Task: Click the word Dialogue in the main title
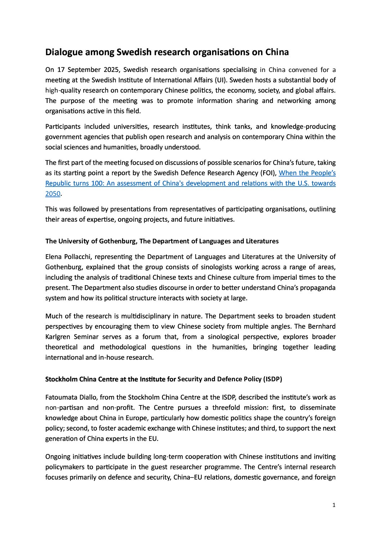coord(63,52)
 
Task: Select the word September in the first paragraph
coord(84,70)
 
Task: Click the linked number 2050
coord(53,194)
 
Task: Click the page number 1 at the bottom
coord(334,505)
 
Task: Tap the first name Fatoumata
coord(60,397)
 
